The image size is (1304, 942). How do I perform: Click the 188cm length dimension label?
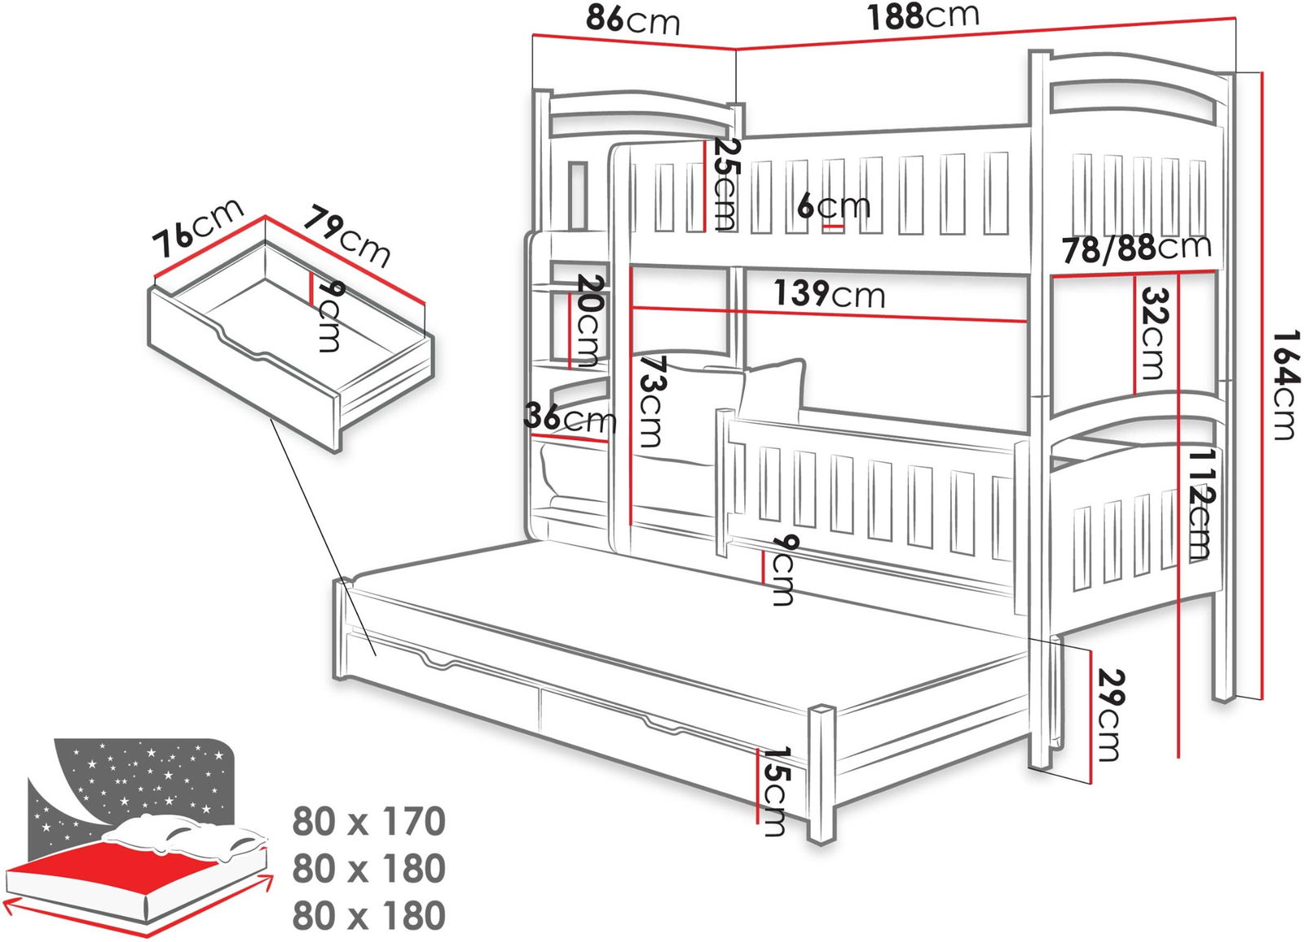click(922, 16)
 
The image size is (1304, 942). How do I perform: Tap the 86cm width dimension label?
click(632, 20)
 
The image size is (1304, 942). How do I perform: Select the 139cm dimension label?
click(829, 293)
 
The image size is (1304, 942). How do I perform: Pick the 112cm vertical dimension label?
click(1199, 503)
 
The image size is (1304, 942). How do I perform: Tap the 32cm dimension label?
click(1152, 333)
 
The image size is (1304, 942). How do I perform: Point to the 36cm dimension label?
click(570, 418)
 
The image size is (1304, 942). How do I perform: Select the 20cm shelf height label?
click(590, 320)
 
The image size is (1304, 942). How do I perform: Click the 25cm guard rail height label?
click(725, 184)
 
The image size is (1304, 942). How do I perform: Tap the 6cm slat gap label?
click(834, 205)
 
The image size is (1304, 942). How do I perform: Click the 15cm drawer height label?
click(773, 791)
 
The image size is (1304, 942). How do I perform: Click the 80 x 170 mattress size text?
click(369, 821)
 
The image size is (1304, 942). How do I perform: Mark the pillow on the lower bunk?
click(770, 391)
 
